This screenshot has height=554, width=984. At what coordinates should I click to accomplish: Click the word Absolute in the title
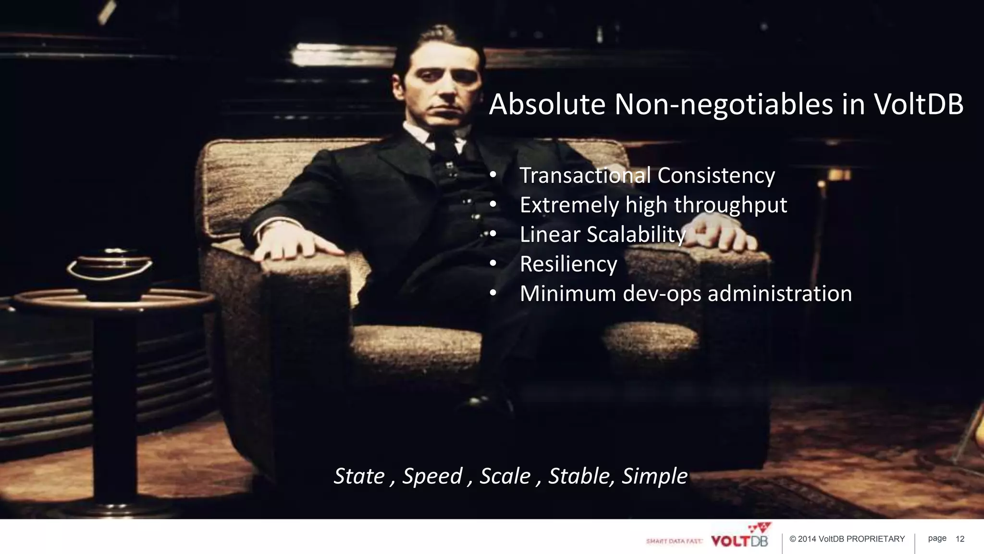pos(547,104)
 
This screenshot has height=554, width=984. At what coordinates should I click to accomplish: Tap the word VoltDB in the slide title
pos(918,104)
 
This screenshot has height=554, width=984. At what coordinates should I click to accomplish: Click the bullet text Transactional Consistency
pos(647,175)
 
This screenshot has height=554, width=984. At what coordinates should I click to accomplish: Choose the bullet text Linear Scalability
pos(603,235)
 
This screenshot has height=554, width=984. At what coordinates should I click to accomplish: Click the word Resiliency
pos(568,264)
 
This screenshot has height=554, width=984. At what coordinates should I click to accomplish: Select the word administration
pos(780,293)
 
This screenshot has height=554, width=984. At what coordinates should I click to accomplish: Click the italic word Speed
pos(432,476)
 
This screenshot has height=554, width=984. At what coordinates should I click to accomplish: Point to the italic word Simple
pos(655,476)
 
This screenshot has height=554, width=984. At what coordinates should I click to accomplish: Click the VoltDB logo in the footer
pos(739,539)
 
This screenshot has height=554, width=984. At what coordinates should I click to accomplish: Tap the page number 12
pos(960,539)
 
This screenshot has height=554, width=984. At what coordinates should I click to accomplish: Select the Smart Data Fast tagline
pos(674,541)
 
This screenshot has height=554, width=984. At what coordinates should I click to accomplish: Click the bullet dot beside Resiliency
pos(493,264)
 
